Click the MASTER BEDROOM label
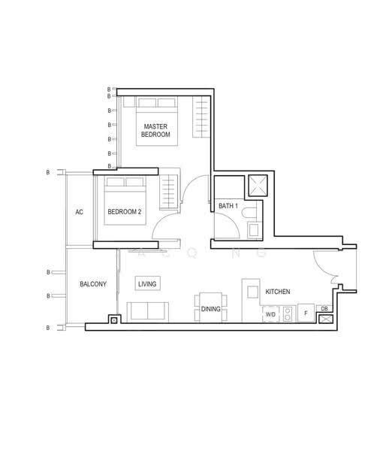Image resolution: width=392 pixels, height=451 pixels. click(155, 130)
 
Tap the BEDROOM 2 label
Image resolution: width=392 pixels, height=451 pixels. click(125, 212)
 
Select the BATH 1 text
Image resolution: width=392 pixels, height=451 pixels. click(228, 206)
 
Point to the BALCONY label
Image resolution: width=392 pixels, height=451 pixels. click(93, 284)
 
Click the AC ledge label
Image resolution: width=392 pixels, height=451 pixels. click(79, 212)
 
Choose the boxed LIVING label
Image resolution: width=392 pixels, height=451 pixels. click(147, 283)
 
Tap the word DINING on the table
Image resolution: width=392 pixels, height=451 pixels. click(211, 309)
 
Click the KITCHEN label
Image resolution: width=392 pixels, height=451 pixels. click(278, 292)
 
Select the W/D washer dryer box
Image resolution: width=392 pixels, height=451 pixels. click(270, 314)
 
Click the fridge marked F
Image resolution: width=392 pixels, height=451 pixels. click(306, 313)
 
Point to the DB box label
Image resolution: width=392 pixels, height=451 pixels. click(324, 309)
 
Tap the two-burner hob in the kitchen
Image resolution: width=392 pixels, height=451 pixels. click(288, 314)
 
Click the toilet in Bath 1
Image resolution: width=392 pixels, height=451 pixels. click(249, 213)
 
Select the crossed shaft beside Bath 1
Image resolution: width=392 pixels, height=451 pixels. click(258, 186)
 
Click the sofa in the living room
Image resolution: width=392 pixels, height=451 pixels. click(148, 311)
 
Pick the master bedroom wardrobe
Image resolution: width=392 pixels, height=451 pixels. click(201, 117)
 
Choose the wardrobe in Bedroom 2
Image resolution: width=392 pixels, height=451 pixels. click(168, 192)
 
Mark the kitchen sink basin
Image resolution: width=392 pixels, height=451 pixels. click(253, 292)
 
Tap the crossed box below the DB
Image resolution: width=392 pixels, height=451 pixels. click(326, 319)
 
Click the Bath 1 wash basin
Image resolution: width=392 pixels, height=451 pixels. click(254, 229)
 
